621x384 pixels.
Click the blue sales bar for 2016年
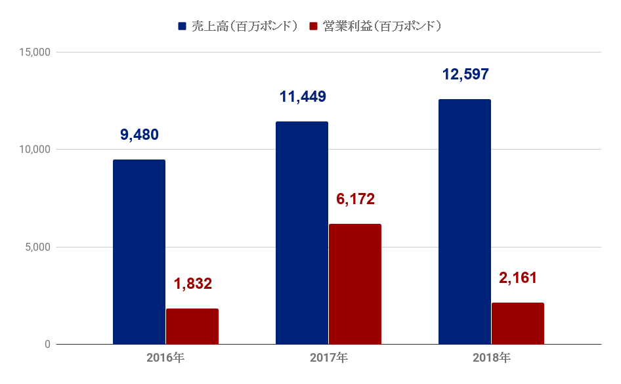(x=139, y=252)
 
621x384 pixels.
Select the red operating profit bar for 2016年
(x=192, y=326)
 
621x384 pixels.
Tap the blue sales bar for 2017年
(x=302, y=233)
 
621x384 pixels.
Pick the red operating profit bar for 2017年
(x=355, y=284)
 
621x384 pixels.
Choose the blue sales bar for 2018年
(x=465, y=222)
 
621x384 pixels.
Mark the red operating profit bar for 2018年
(x=518, y=323)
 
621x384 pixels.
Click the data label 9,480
(x=139, y=135)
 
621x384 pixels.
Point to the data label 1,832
(x=193, y=284)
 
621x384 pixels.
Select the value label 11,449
(x=303, y=97)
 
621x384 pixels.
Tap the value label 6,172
(x=355, y=199)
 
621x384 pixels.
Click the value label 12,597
(x=465, y=74)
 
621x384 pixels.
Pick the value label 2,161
(x=518, y=278)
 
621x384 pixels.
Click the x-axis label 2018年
(x=491, y=358)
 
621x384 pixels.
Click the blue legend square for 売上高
(x=182, y=26)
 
